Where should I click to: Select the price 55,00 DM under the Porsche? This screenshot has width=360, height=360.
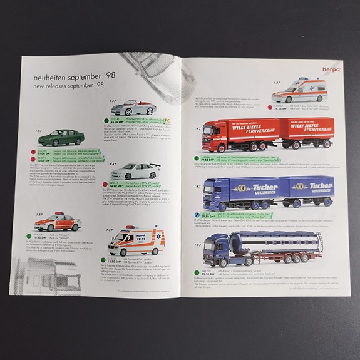point(120,121)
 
